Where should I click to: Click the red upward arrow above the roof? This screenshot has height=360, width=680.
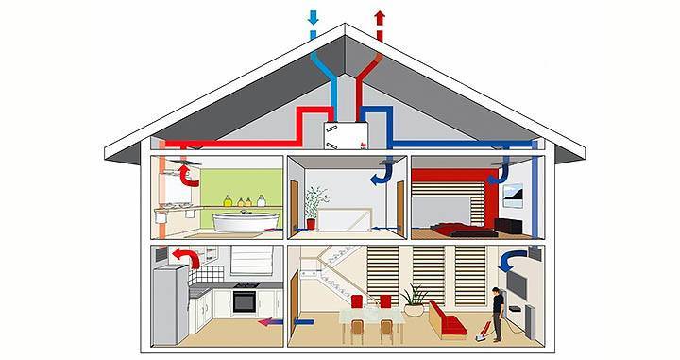(x=380, y=17)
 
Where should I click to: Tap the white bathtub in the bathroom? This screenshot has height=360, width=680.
(x=245, y=223)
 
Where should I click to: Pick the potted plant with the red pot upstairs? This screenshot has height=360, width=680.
(x=316, y=204)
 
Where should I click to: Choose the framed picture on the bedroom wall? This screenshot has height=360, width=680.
(x=514, y=195)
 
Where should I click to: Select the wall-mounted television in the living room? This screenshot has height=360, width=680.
(x=517, y=283)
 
